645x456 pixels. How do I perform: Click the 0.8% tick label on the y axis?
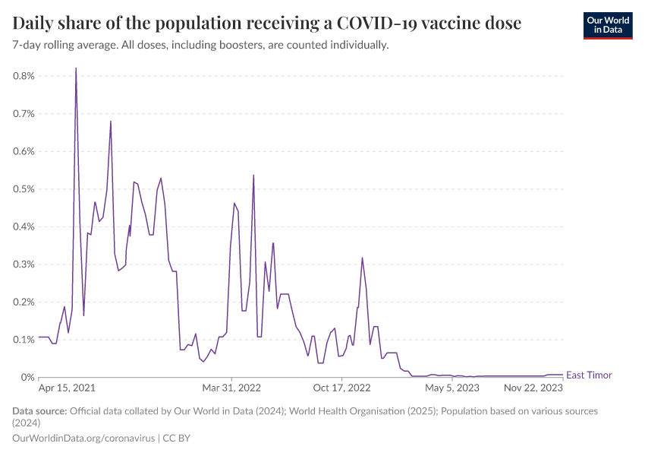pos(24,76)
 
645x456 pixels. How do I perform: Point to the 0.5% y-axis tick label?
pos(24,189)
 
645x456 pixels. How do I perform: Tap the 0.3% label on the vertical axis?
pos(24,264)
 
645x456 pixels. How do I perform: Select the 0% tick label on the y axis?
pos(27,378)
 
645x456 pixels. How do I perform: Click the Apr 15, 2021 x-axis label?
pos(67,388)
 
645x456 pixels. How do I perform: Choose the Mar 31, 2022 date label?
pos(232,388)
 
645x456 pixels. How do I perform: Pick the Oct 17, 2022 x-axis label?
pos(342,388)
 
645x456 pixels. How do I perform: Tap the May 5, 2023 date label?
pos(452,388)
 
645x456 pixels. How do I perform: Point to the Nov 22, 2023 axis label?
pos(534,388)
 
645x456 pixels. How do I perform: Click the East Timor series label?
pos(589,375)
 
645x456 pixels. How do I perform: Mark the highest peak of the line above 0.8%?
pos(76,68)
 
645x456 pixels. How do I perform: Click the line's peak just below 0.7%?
pos(111,122)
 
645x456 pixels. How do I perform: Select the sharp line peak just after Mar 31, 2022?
pos(253,176)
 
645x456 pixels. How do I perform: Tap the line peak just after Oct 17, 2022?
pos(362,258)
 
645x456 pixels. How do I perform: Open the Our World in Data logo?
pos(607,25)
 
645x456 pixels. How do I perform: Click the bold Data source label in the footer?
pos(39,411)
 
